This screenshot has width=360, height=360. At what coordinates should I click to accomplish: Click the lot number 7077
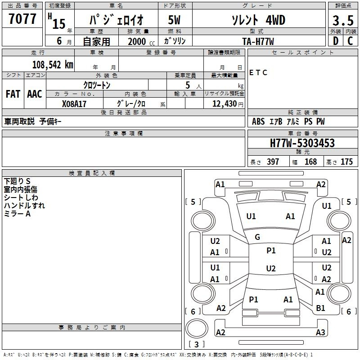coord(22,19)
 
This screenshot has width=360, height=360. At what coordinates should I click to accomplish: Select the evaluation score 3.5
coord(343,21)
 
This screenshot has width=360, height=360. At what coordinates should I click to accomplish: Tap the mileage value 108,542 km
coord(53,65)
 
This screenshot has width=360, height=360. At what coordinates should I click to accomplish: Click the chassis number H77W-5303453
coord(302,143)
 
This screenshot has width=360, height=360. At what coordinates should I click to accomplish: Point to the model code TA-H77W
coord(258,41)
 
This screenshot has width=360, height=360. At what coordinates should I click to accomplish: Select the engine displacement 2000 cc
coord(141,42)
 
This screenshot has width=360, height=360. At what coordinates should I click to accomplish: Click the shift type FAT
coord(13,94)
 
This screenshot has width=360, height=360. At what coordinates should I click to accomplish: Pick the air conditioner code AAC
coord(35,94)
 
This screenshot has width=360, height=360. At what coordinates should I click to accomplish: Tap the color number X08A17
coord(74,104)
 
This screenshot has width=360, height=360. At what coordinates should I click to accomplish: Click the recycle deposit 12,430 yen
coord(228,104)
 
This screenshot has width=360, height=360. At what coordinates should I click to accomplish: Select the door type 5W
coord(174,20)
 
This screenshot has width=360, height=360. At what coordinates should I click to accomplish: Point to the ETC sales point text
coord(258,72)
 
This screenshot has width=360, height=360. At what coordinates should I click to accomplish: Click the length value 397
coord(273,162)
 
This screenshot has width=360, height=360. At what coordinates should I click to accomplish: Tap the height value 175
coord(346,162)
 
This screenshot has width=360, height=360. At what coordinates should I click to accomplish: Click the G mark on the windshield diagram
coord(257,237)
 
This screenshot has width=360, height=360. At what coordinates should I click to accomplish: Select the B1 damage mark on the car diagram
coord(320,308)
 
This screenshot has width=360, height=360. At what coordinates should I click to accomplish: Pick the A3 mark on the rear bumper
coord(320,332)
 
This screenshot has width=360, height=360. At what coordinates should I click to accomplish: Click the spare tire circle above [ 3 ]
coord(197,328)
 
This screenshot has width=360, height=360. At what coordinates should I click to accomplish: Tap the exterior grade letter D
coord(336,41)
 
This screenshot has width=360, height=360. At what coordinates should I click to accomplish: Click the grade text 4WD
coord(275,20)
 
